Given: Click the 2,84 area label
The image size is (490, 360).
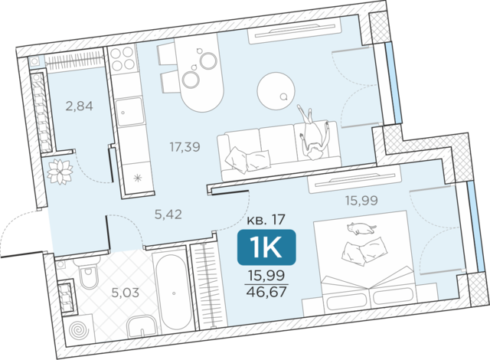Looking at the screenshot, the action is [x=79, y=106].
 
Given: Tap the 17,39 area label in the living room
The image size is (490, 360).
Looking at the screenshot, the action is [x=185, y=146].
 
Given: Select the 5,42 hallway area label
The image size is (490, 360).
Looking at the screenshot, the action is [x=168, y=214].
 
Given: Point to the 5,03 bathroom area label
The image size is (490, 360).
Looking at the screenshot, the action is [x=125, y=293].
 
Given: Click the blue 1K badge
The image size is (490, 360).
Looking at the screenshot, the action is [x=266, y=247].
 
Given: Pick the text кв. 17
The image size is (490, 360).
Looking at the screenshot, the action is [x=266, y=220].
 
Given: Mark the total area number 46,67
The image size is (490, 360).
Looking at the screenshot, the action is [x=266, y=292].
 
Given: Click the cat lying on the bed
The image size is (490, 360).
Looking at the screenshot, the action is [x=360, y=228].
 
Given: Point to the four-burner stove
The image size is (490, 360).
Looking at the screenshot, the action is [x=122, y=59].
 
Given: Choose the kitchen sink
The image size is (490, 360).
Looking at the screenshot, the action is [x=129, y=111].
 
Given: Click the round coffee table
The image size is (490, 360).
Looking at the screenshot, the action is [x=276, y=91].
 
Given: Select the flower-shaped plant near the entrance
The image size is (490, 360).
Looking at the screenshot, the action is [x=60, y=172].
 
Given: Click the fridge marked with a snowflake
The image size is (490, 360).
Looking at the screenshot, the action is [x=137, y=178].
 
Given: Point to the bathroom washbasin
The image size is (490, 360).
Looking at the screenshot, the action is [x=142, y=326].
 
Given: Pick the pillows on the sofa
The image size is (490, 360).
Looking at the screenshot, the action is [x=247, y=160].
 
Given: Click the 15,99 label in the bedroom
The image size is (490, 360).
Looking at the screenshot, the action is [x=361, y=200].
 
